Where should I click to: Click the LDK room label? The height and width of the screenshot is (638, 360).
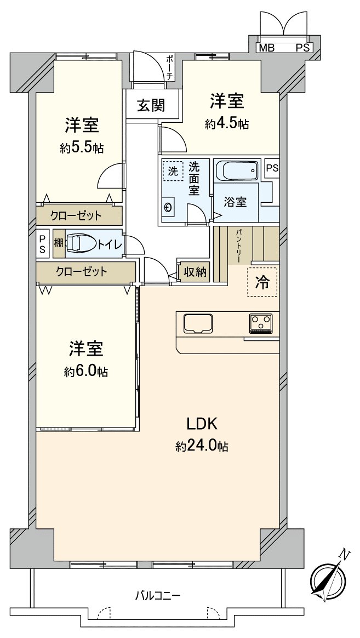click(203, 424)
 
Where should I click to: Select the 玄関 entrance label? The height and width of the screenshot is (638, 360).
click(151, 105)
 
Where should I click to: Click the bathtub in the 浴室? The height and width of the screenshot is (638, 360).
click(236, 172)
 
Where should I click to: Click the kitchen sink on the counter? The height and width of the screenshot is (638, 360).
click(198, 323)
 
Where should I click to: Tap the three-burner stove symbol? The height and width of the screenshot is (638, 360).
click(261, 323)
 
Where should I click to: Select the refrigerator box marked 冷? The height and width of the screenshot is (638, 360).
click(262, 282)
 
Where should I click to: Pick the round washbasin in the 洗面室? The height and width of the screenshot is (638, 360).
click(168, 207)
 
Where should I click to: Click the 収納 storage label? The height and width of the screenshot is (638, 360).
click(195, 271)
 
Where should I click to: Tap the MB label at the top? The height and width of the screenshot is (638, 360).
click(267, 48)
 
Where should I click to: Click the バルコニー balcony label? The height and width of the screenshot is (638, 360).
click(158, 595)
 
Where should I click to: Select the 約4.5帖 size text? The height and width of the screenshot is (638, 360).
click(227, 124)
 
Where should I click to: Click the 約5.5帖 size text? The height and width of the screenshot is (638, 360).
click(82, 148)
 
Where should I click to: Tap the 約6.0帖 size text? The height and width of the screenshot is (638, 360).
click(85, 372)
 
